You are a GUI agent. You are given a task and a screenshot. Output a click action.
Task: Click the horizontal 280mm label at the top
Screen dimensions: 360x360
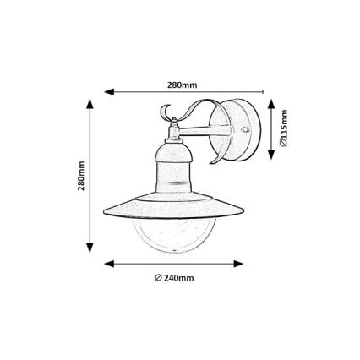[x=182, y=85]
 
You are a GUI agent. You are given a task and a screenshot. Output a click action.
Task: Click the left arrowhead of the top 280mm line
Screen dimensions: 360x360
[x=108, y=92]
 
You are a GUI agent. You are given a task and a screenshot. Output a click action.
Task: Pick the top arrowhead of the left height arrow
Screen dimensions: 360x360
[x=89, y=104]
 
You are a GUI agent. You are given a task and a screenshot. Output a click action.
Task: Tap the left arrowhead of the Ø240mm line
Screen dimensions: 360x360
[x=108, y=263]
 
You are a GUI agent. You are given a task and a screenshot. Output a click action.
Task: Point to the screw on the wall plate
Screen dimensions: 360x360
[x=244, y=132]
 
